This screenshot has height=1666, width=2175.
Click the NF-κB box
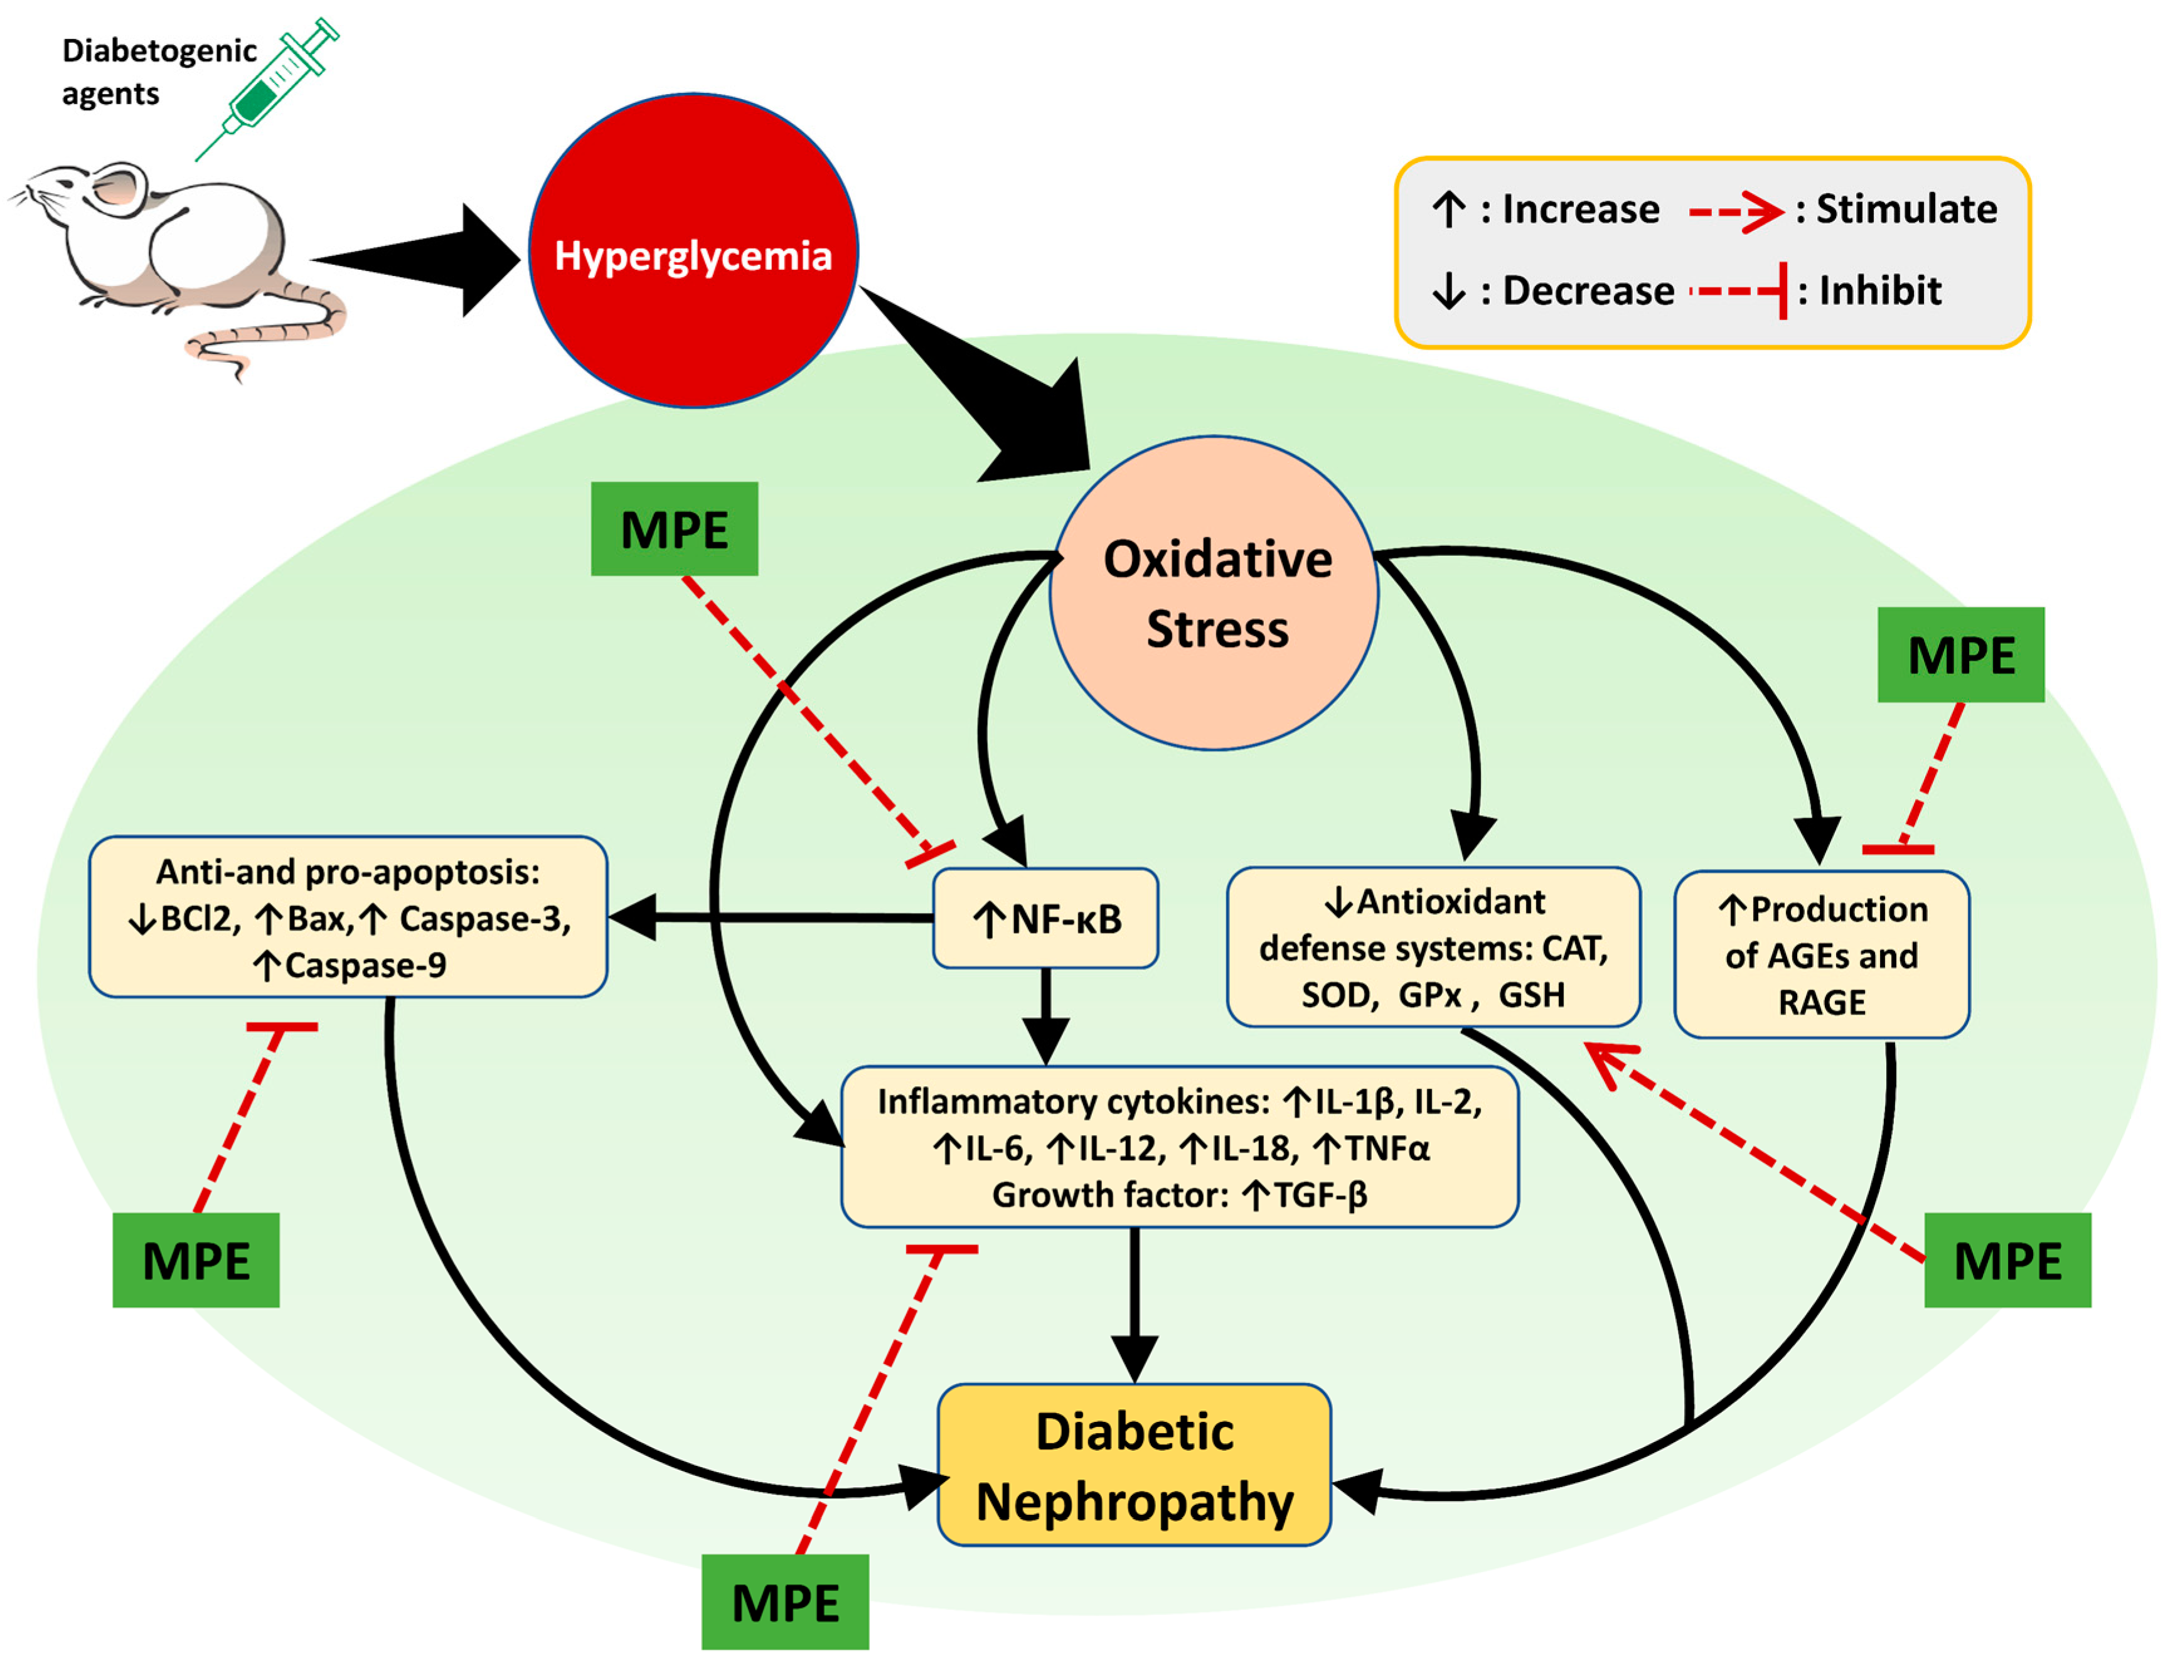(1045, 918)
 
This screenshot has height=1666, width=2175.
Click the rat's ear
(114, 188)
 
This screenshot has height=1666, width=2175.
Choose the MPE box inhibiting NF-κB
(675, 530)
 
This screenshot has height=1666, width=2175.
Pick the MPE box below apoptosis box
(195, 1261)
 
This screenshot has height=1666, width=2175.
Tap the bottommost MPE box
(784, 1601)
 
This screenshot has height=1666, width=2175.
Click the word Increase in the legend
(1580, 209)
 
